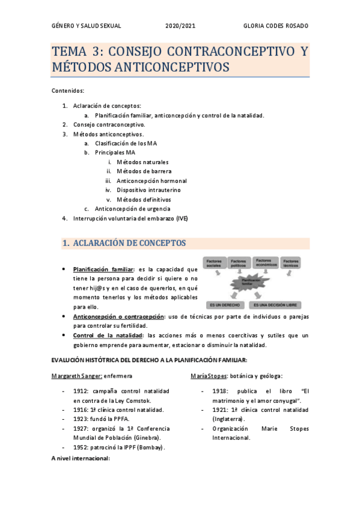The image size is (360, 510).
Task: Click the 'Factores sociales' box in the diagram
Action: (215, 263)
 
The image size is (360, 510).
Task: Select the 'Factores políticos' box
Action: (239, 263)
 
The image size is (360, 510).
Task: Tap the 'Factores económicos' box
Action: (264, 263)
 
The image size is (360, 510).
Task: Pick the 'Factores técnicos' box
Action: (290, 263)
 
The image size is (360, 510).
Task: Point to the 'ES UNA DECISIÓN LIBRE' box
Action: (278, 306)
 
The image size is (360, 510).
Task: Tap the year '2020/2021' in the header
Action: (180, 26)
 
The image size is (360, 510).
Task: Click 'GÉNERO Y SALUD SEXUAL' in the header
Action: (87, 26)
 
